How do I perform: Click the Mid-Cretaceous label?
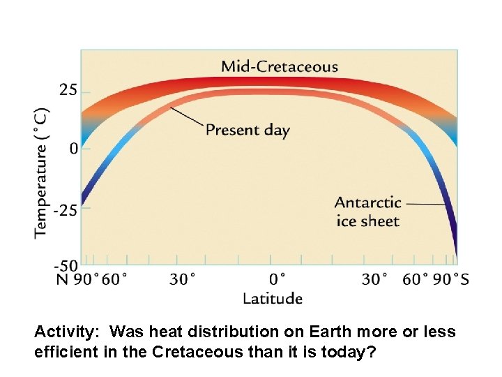[279, 67]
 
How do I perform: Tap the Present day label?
[248, 130]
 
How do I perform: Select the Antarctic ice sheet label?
[367, 212]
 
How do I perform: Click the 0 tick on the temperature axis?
[74, 148]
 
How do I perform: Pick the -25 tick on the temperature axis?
[67, 209]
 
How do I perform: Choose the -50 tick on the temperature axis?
[67, 265]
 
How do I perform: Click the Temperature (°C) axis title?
[42, 172]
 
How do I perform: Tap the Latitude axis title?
[272, 299]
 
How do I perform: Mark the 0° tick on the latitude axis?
[277, 279]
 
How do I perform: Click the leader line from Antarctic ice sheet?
[425, 204]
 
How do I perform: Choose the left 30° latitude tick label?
[182, 279]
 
